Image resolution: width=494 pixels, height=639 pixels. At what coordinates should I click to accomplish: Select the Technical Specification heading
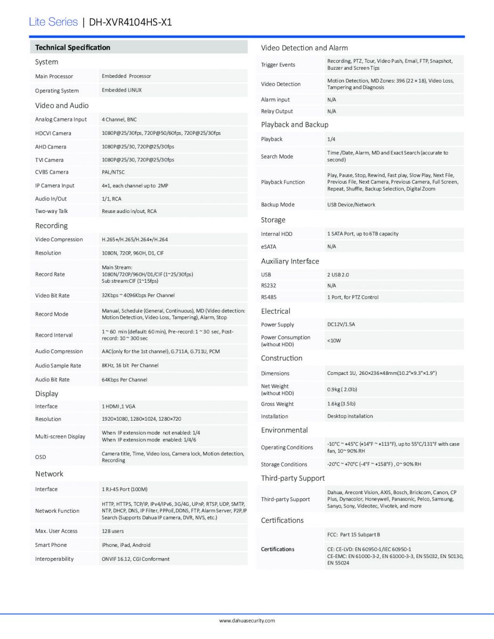pos(72,47)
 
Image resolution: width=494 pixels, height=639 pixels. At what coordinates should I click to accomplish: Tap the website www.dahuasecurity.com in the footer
pos(247,620)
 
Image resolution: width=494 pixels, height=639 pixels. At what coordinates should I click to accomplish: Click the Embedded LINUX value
pos(122,90)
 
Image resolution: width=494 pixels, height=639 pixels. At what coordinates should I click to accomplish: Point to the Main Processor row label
pos(54,76)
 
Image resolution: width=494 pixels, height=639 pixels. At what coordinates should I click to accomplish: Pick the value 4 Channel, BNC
pos(119,119)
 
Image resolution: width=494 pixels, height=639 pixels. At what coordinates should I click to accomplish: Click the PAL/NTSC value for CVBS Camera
pos(113,172)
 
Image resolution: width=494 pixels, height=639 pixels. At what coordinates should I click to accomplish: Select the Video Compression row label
pos(59,239)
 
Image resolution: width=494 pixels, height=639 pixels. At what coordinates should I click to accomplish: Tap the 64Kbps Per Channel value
pos(124,380)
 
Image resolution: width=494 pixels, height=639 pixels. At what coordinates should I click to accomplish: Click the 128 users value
pos(112,531)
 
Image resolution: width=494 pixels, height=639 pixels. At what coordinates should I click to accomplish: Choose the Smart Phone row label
pos(51,545)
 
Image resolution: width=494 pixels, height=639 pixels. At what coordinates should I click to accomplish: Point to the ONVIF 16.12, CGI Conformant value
pos(135,559)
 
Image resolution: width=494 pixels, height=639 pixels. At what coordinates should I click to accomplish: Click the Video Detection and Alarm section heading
pos(304,48)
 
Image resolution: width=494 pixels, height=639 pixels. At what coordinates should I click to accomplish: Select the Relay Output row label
pos(277,111)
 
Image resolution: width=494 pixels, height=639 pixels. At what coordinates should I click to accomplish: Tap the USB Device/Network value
pos(351,204)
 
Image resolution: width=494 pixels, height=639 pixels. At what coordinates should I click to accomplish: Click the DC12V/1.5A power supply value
pos(341,324)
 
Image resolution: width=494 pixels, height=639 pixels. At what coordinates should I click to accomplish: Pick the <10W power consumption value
pos(334,340)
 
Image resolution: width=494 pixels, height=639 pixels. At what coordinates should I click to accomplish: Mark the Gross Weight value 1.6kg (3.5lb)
pos(341,404)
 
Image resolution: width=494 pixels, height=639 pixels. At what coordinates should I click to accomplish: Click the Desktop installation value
pos(350,416)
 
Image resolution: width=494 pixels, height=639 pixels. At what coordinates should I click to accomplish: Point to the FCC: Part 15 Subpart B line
pos(353,534)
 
